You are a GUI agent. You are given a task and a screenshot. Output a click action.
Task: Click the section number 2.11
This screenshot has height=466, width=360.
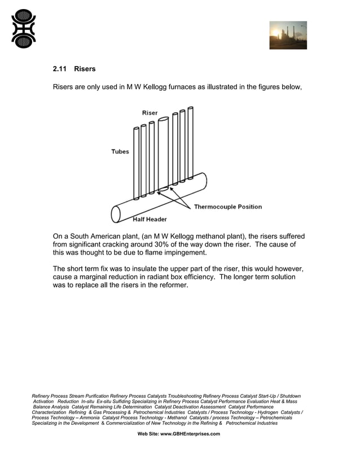59,69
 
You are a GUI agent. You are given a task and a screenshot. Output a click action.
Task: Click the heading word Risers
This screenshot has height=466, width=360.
85,69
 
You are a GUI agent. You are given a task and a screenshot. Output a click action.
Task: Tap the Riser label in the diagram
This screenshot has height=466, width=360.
150,113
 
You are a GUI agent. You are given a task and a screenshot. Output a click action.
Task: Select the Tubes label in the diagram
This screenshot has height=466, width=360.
120,151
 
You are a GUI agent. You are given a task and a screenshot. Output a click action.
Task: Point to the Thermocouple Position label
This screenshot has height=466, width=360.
228,206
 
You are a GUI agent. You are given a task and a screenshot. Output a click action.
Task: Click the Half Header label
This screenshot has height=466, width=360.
150,219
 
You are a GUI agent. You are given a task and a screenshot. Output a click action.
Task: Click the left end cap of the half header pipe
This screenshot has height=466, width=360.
116,214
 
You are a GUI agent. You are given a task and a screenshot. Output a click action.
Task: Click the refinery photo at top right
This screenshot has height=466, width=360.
288,35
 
